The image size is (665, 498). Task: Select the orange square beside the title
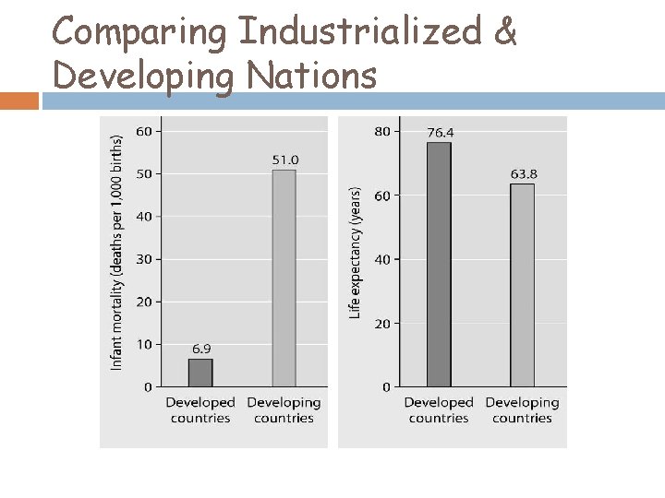19,100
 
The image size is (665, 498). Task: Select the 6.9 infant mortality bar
200,373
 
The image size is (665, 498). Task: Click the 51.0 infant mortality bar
284,278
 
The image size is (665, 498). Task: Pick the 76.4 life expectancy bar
440,264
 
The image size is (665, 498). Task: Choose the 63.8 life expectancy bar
523,284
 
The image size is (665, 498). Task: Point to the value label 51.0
284,160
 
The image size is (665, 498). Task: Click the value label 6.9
201,349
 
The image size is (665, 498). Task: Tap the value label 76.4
440,132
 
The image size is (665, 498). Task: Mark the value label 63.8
523,173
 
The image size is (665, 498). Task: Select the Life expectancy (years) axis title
355,254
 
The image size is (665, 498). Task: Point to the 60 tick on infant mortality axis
144,131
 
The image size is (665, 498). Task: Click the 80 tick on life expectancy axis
382,131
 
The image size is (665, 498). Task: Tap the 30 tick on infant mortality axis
144,259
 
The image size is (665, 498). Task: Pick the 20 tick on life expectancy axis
382,324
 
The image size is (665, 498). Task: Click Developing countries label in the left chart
284,410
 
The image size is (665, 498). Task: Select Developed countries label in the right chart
439,410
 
